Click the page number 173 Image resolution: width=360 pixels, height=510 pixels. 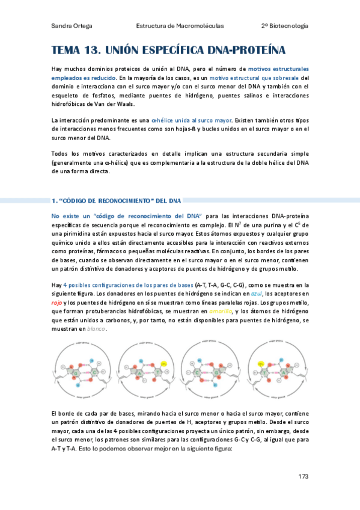click(303, 476)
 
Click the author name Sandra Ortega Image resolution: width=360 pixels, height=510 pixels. click(68, 26)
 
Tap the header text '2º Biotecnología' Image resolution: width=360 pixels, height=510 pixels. click(285, 26)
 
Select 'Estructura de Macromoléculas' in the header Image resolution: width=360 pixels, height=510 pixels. click(180, 26)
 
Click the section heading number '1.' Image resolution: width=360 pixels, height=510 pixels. click(53, 200)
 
